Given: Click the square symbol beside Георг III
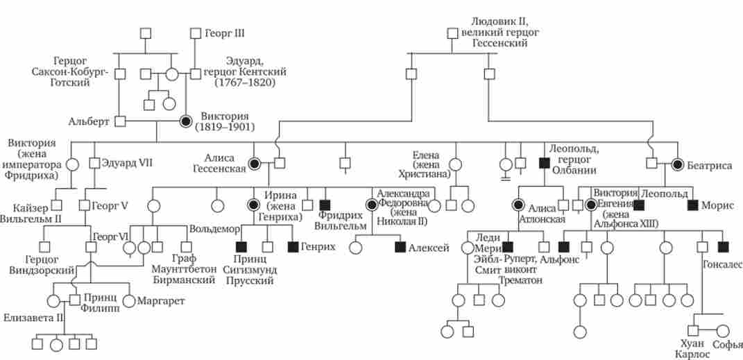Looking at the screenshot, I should point(195,33).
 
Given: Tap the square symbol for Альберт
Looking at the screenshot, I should point(120,121).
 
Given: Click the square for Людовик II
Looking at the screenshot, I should point(452,33).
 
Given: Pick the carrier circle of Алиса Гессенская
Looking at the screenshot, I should point(256,163).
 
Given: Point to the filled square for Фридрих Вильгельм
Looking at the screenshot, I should point(325,205).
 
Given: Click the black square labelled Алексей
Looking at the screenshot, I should point(400,246).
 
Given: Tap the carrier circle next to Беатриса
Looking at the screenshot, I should point(678,164).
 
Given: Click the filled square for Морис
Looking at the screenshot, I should point(692,205).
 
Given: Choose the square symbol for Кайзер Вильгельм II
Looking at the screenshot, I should point(58,205).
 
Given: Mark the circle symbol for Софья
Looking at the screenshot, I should point(723,331).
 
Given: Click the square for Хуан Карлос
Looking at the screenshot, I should point(692,331).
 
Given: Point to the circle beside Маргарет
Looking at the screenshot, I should point(130,301).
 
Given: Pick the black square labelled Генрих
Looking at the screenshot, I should point(293,246).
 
